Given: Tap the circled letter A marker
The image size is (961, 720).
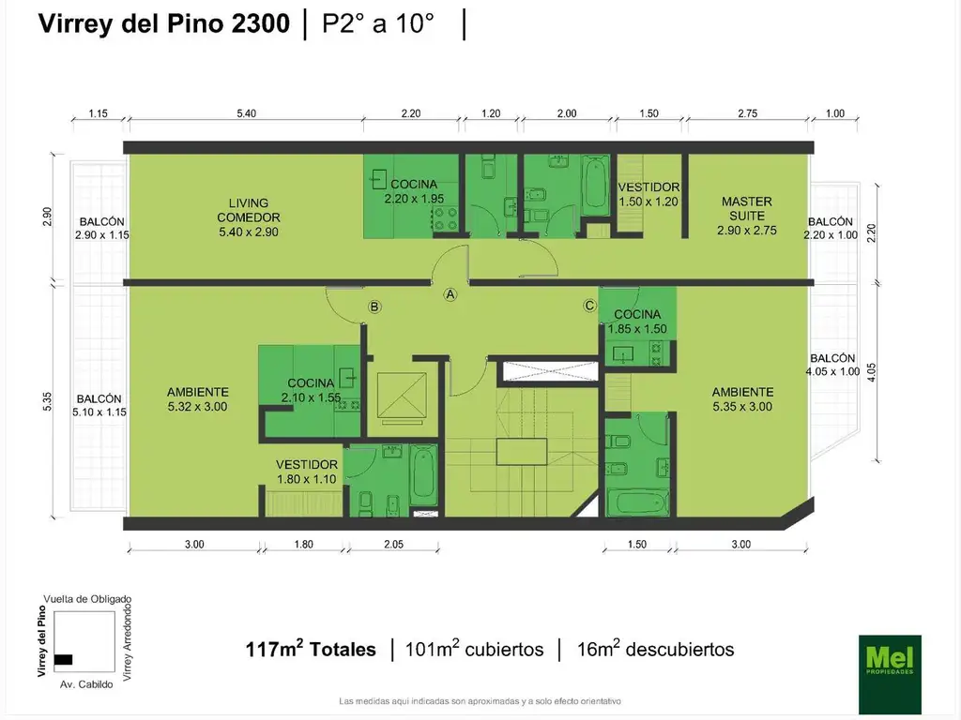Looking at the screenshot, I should pos(450,294).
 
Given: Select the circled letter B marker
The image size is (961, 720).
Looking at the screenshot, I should pos(374,307).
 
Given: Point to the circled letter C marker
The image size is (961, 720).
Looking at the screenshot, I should pos(589,305).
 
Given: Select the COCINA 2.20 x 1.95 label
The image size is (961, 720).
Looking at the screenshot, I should pos(414,191).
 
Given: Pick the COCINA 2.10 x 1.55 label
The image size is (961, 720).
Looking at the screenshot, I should pos(311,390).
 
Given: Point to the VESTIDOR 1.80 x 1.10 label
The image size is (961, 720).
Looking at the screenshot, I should pos(306,472).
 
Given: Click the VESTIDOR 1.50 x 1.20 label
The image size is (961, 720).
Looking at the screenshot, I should pos(648,194).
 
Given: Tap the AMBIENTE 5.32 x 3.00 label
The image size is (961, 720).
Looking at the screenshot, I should pos(198,399).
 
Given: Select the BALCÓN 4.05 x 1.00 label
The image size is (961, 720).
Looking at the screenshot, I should pos(832,365).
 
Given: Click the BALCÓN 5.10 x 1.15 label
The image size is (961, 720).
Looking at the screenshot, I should pos(100,404).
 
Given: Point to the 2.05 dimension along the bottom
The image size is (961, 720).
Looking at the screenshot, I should pos(392,544).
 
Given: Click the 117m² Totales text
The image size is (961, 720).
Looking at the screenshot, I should pos(311,649).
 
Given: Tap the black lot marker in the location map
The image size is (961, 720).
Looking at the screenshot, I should pos(64,659).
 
